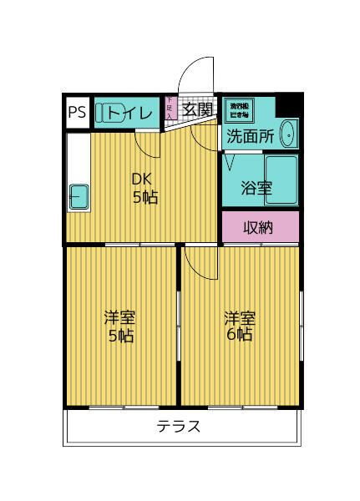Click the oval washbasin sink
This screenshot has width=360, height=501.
287,133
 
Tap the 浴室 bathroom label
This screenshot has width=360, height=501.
257,188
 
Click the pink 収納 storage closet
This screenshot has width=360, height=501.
260,226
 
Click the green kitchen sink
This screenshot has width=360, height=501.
77,197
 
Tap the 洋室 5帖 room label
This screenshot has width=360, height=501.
119,327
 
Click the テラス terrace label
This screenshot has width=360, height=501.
179,427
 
